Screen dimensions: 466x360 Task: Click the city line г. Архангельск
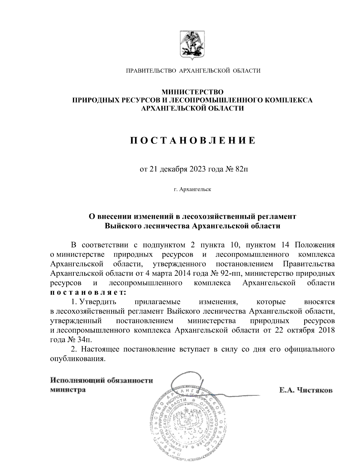click(192, 189)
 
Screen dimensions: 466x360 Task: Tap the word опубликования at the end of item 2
click(78, 359)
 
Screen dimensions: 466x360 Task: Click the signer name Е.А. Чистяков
click(306, 390)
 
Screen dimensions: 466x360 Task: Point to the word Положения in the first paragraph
click(315, 245)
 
